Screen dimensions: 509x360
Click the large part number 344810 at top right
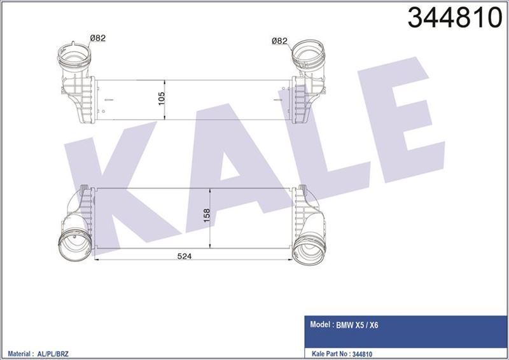click(x=455, y=17)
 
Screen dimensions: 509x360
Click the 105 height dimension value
click(x=162, y=99)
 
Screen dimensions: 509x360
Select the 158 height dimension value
click(x=206, y=216)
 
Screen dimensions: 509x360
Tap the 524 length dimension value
click(x=185, y=256)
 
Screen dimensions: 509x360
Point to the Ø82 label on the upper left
click(x=98, y=38)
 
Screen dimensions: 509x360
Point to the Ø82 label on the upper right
click(x=279, y=41)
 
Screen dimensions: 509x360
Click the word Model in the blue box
click(x=320, y=324)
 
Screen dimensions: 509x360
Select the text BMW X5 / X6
click(x=357, y=325)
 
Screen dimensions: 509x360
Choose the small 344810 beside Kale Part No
click(x=361, y=354)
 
